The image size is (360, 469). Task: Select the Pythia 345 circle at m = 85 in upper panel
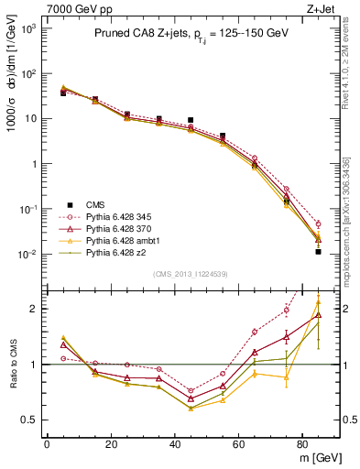tap(319, 224)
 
